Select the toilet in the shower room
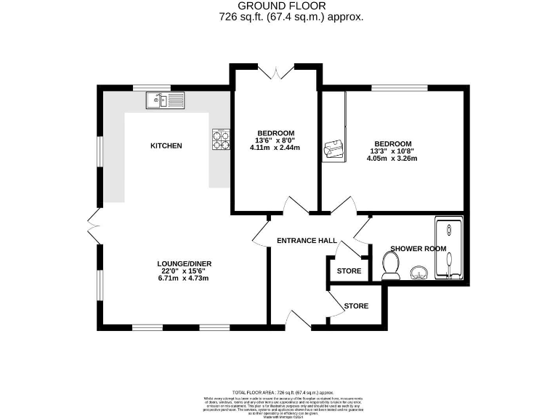pos(390,266)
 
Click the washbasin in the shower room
pos(417,274)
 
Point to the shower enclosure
pos(450,249)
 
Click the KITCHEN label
pos(166,146)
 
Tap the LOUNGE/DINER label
pos(184,263)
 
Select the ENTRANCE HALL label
pos(307,241)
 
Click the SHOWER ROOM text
pos(418,249)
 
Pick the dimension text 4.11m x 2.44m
pos(275,148)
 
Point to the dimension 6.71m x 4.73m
pos(184,278)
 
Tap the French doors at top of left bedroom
pos(274,71)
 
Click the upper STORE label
pos(349,271)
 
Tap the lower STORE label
pos(356,306)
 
